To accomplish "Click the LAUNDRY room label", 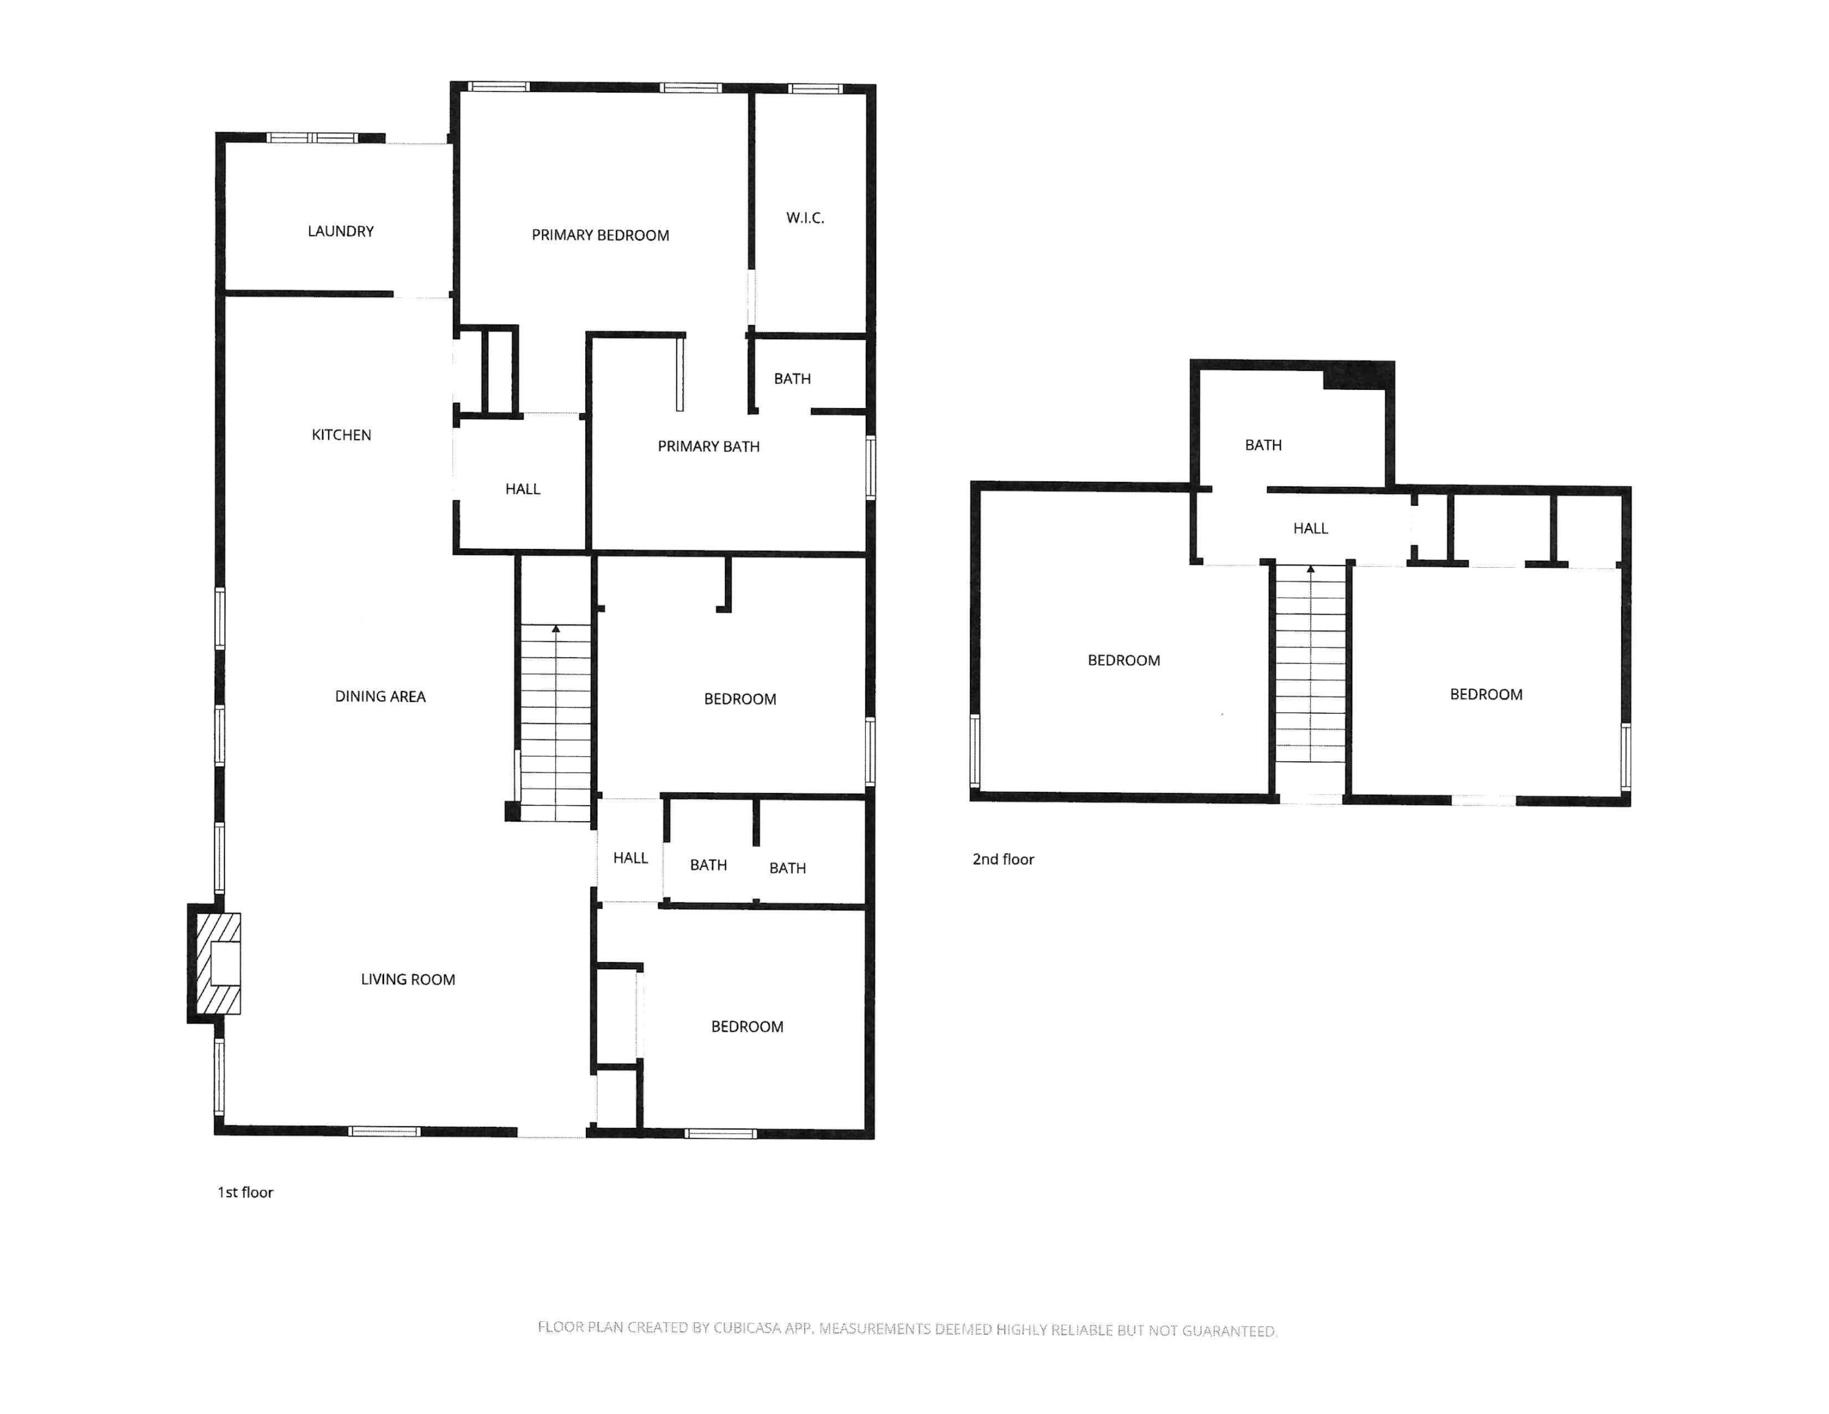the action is (x=340, y=231).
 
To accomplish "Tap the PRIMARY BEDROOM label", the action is (x=601, y=235).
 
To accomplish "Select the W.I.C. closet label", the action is (x=805, y=218).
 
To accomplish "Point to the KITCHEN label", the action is (x=341, y=435).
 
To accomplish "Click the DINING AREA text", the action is (x=380, y=696).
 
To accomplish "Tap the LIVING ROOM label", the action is (x=408, y=979).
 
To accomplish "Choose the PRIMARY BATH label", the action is (x=708, y=447).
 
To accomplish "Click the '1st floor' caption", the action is (x=245, y=1192).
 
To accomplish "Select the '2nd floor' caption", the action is (x=1004, y=860).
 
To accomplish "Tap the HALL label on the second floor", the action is (x=1311, y=529).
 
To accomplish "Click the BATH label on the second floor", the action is (x=1263, y=445).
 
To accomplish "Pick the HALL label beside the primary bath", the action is (x=522, y=489).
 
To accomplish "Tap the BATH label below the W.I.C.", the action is (x=792, y=379).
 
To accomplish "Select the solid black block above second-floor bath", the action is (x=1358, y=375).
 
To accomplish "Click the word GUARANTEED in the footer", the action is (x=1228, y=1330).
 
